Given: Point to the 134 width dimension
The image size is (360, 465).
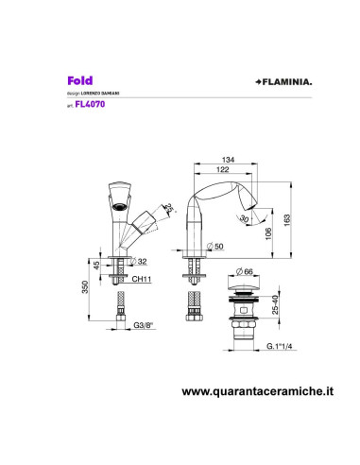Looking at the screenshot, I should click(x=228, y=160).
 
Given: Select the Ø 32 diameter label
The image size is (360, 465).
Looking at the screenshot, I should click(x=142, y=261).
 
